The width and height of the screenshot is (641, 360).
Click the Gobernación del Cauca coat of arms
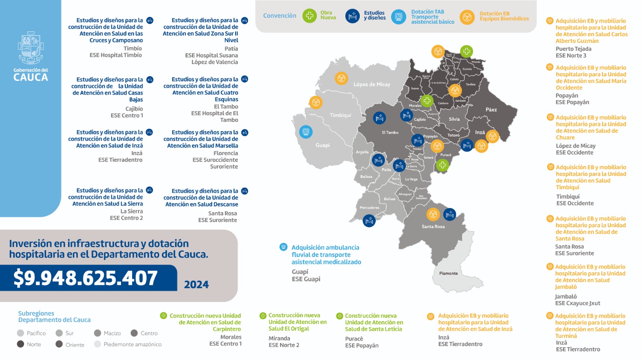[30, 48]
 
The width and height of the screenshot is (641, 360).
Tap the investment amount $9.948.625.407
[85, 278]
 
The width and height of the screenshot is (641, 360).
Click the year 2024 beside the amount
[196, 285]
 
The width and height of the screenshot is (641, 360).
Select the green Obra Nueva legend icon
[309, 16]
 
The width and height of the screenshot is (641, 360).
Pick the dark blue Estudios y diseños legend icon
[353, 16]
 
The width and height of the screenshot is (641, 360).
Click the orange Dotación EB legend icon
[467, 17]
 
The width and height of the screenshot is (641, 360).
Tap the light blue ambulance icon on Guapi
[306, 131]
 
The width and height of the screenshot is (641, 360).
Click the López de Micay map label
[371, 85]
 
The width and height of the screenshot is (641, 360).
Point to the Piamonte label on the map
[448, 273]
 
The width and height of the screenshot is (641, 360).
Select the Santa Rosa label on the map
[433, 227]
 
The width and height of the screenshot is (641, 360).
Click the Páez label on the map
[491, 109]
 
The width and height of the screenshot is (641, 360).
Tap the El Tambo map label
[390, 132]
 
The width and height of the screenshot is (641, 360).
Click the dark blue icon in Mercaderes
[369, 220]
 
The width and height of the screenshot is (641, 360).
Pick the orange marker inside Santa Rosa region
[433, 214]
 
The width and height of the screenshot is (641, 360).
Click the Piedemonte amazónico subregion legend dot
[97, 344]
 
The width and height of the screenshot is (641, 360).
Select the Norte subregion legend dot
[20, 344]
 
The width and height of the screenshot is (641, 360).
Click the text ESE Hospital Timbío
[115, 55]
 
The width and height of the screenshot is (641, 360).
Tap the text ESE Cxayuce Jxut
[577, 303]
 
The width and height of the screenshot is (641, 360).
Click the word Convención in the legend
[280, 16]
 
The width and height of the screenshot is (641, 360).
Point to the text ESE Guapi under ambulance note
[306, 279]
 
